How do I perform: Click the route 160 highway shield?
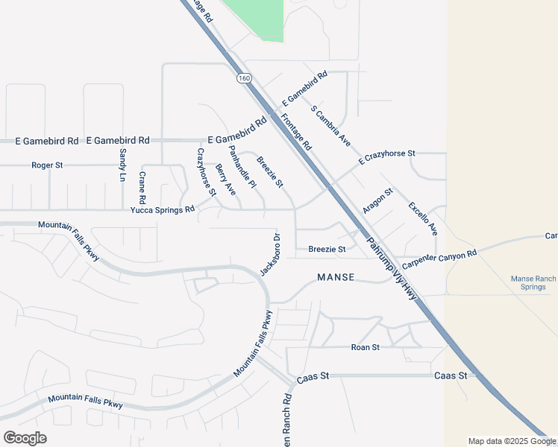tap(243, 78)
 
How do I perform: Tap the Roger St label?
tap(47, 165)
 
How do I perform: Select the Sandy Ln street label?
tap(122, 165)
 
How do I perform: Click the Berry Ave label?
tap(225, 180)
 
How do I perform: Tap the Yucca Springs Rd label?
tap(162, 210)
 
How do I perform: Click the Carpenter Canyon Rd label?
tap(439, 260)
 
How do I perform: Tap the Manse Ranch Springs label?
tap(533, 282)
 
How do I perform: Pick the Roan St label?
tap(366, 347)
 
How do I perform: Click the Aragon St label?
tap(377, 202)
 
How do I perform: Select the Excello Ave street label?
tap(422, 219)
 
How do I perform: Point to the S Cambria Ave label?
tap(330, 125)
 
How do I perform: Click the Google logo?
tap(25, 438)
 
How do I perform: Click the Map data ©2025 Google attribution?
tap(511, 441)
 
